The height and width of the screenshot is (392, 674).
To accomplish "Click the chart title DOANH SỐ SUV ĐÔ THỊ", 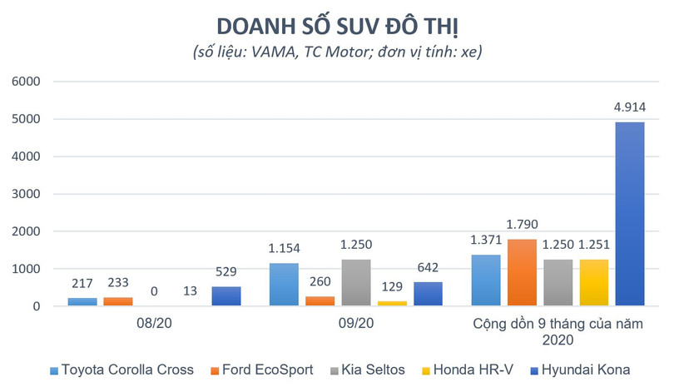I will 337,22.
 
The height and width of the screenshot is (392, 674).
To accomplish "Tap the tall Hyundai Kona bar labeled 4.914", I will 630,214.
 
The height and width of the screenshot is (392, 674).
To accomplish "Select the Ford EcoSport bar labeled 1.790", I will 523,272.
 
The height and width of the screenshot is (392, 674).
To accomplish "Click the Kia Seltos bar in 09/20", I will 357,283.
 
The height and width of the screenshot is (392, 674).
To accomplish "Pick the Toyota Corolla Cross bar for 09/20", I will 285,285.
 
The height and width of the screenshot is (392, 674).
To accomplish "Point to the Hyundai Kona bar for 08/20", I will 226,296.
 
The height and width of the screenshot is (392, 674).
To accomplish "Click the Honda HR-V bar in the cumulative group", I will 594,283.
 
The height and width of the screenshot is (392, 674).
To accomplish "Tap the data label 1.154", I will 285,249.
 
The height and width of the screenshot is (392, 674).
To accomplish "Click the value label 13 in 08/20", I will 191,292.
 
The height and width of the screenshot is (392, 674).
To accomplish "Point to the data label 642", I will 429,269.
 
